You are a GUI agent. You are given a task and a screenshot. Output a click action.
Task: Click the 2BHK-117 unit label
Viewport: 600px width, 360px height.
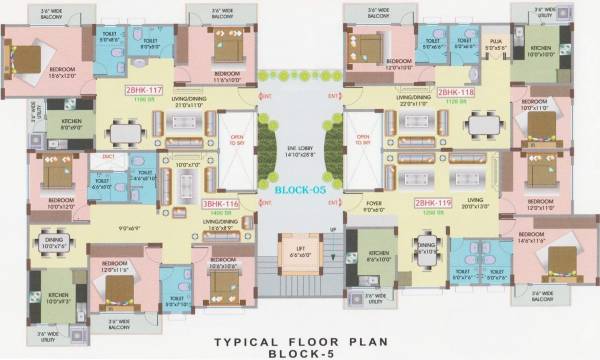click(x=142, y=89)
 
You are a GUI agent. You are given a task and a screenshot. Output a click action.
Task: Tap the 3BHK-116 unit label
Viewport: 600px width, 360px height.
click(x=221, y=203)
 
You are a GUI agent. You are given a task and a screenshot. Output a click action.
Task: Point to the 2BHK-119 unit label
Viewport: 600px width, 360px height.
click(x=432, y=203)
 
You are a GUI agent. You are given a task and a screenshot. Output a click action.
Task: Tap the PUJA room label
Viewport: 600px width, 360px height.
click(x=495, y=45)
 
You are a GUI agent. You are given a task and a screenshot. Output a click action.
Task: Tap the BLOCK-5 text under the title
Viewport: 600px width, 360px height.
click(x=300, y=353)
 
